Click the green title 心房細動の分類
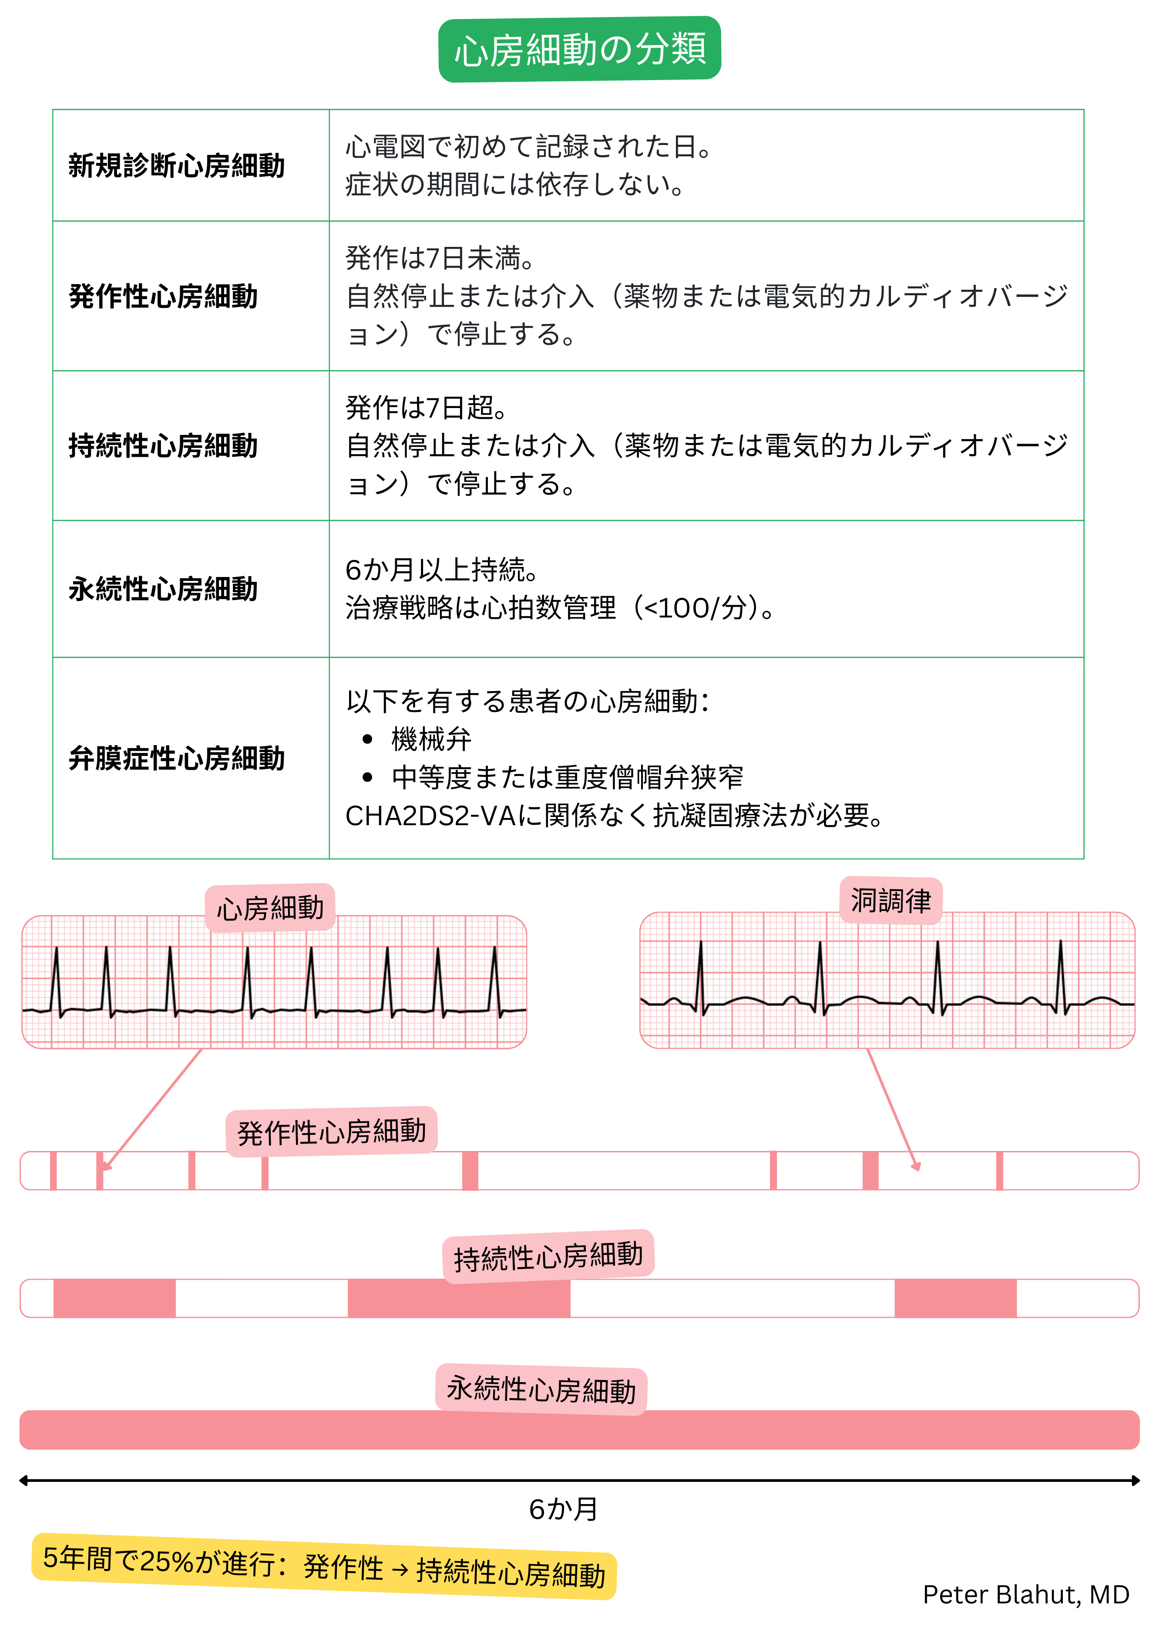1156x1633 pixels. click(x=579, y=50)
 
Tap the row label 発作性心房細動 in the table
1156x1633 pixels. click(x=163, y=296)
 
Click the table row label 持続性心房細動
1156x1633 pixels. click(x=163, y=446)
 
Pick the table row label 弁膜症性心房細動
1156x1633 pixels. click(x=177, y=759)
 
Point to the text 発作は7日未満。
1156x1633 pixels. click(x=440, y=258)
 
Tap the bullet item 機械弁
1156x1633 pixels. click(x=430, y=739)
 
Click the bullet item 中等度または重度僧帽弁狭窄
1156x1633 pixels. click(x=567, y=777)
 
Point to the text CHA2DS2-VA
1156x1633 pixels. click(x=429, y=816)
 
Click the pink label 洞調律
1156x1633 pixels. click(x=891, y=901)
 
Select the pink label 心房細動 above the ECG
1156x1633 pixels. click(x=270, y=908)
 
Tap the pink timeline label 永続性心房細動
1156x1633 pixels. click(x=541, y=1390)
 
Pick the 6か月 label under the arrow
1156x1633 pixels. click(x=563, y=1508)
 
